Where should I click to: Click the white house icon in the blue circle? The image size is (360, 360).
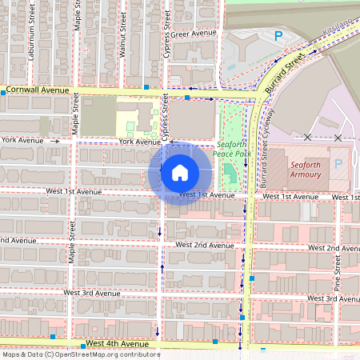click(180, 173)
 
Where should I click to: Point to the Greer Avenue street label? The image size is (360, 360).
click(194, 34)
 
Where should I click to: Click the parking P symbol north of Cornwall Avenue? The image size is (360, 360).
click(278, 35)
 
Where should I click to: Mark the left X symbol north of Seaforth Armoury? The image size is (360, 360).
click(307, 138)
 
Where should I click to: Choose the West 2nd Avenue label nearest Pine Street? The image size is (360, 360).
click(332, 249)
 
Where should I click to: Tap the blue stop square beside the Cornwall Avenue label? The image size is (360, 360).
click(4, 93)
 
